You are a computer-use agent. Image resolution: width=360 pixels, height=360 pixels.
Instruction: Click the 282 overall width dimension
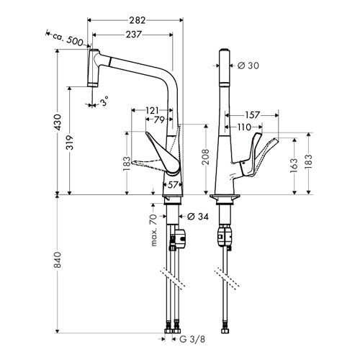click(138, 21)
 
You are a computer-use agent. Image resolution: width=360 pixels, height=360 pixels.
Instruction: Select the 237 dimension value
click(133, 35)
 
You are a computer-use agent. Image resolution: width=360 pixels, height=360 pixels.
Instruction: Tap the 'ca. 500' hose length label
click(68, 40)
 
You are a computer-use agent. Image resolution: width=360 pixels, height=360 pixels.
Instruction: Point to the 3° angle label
click(104, 101)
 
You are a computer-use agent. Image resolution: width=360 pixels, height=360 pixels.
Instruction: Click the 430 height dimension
click(58, 122)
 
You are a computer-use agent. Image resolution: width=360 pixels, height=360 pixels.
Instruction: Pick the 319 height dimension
click(70, 143)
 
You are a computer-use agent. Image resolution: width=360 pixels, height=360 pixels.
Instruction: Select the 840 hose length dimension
click(58, 260)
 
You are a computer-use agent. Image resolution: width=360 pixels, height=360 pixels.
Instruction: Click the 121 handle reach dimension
click(152, 111)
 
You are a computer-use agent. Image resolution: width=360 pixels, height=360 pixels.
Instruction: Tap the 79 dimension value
click(159, 120)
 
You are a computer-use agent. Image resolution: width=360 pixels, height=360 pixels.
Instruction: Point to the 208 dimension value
click(206, 157)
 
